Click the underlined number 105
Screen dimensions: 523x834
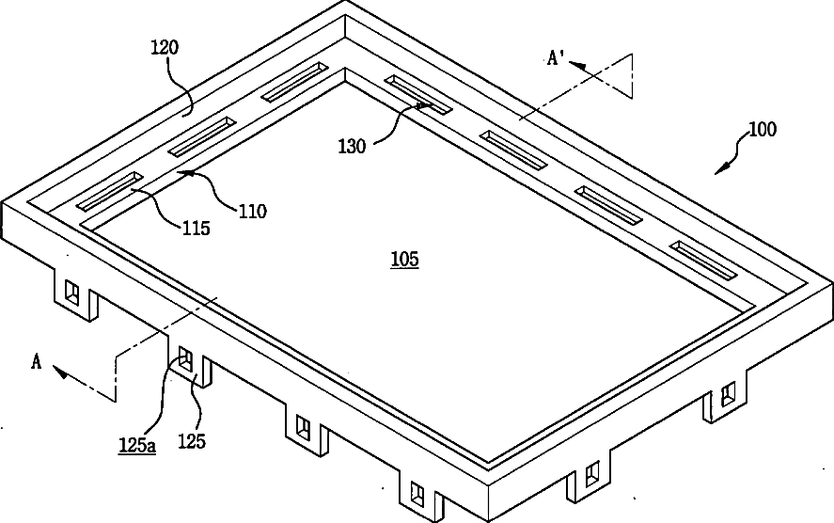coord(404,259)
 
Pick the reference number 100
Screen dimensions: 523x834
coord(762,130)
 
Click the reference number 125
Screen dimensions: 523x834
coord(193,439)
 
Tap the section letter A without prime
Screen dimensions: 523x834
coord(36,359)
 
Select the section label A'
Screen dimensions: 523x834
coord(557,58)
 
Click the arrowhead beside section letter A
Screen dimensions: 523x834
coord(61,372)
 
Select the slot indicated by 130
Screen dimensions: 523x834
coord(417,94)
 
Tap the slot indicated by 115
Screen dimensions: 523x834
coord(109,191)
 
